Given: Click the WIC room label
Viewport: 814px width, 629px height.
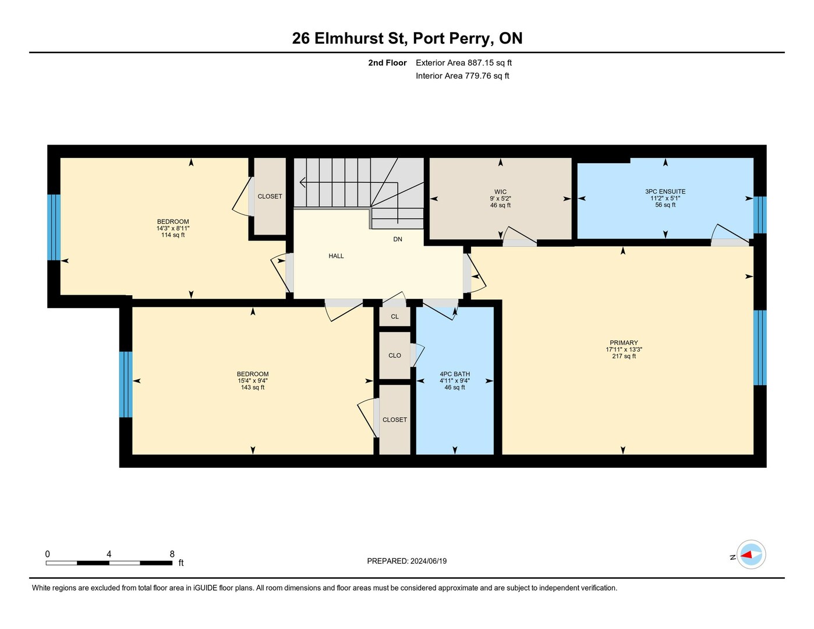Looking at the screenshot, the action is [x=500, y=192].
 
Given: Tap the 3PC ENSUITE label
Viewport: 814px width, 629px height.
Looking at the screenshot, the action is [x=665, y=192].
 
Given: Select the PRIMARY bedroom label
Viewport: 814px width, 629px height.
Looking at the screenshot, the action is [x=624, y=342].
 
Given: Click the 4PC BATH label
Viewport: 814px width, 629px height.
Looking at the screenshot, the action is [x=454, y=374].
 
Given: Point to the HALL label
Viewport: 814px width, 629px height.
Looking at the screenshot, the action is [x=336, y=256].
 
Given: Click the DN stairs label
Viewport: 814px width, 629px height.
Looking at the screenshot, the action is [x=398, y=239].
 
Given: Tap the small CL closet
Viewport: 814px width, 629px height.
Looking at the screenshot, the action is [x=395, y=317].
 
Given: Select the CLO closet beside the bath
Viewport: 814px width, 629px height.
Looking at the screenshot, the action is [x=395, y=355].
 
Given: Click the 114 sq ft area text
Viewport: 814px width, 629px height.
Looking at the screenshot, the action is [x=173, y=235].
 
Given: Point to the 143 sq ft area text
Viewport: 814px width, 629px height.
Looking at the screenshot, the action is [x=253, y=387].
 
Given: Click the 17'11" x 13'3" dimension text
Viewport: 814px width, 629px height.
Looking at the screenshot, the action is [x=624, y=349].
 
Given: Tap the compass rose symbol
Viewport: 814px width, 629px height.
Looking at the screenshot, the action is [x=751, y=555].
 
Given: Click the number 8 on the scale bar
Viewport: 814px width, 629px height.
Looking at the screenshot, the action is [x=172, y=554].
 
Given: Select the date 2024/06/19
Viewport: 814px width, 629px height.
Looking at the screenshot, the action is [x=429, y=561].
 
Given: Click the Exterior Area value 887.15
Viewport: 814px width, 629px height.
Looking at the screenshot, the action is [x=482, y=62].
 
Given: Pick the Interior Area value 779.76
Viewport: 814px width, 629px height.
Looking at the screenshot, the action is [x=479, y=76].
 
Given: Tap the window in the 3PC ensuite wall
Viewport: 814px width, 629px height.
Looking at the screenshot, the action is [x=760, y=215].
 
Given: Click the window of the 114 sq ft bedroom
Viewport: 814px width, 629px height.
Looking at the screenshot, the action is [x=54, y=227].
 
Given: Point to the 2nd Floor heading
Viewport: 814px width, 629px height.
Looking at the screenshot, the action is [x=387, y=63].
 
